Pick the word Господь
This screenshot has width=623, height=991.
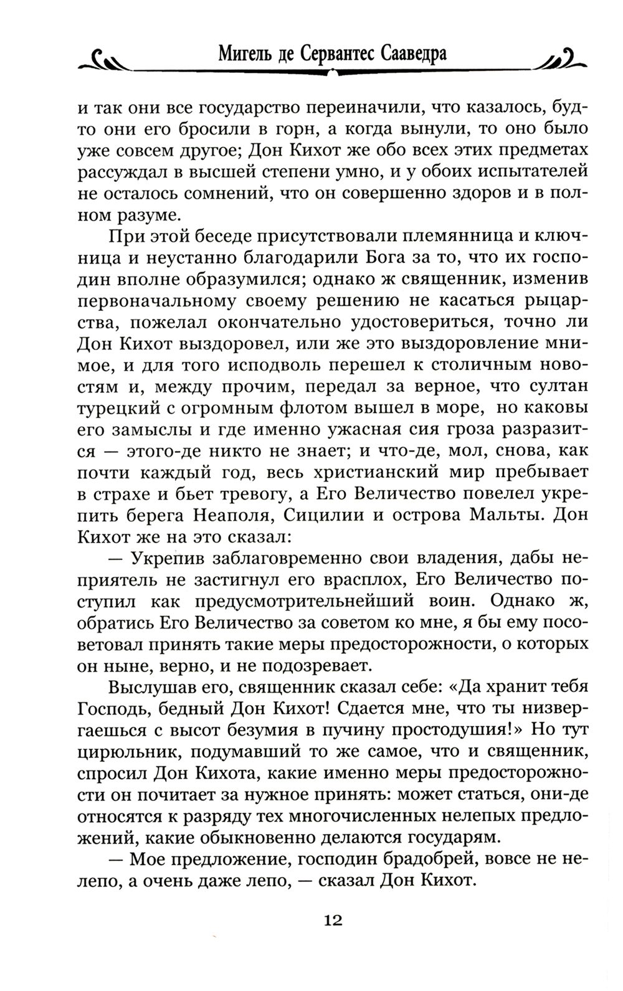coord(112,710)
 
